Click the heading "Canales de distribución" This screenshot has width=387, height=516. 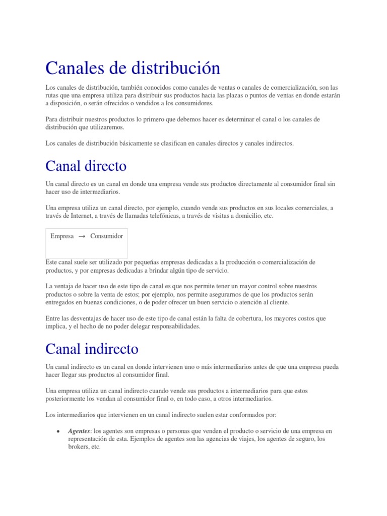133,68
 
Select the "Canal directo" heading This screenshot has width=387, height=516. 86,166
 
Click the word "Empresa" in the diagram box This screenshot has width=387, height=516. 62,236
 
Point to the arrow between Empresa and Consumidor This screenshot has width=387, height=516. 82,236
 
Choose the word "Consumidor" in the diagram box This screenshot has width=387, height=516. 106,236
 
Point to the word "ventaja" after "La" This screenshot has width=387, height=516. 64,286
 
